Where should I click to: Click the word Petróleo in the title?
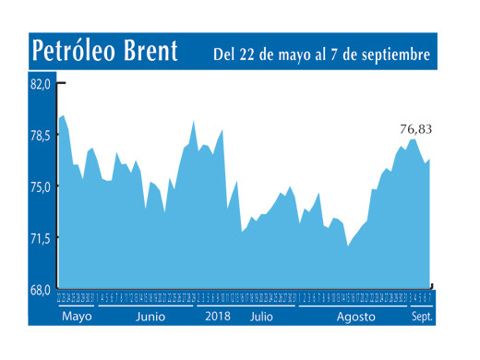pyautogui.click(x=76, y=52)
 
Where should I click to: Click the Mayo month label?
pyautogui.click(x=77, y=316)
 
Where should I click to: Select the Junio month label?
pyautogui.click(x=150, y=316)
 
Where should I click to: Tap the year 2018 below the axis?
pyautogui.click(x=218, y=316)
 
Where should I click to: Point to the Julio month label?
pyautogui.click(x=262, y=316)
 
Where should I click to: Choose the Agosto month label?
pyautogui.click(x=355, y=316)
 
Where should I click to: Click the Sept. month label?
pyautogui.click(x=420, y=316)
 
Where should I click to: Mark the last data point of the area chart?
pyautogui.click(x=429, y=160)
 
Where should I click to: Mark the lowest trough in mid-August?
pyautogui.click(x=347, y=246)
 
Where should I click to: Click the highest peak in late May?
pyautogui.click(x=63, y=115)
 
